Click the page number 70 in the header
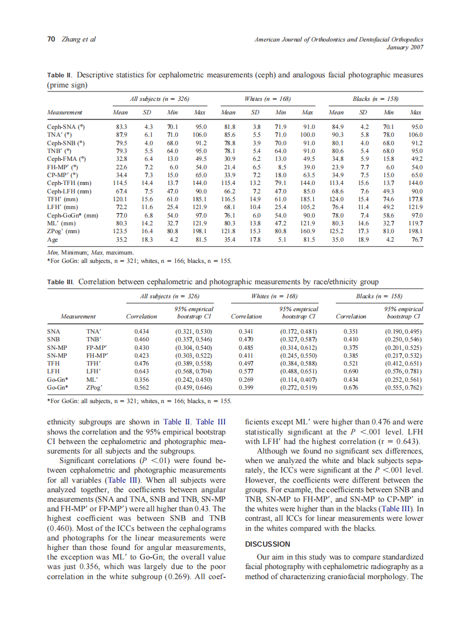click(50, 39)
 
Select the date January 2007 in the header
click(405, 47)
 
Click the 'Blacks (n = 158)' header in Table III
click(379, 295)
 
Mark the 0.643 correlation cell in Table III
click(142, 371)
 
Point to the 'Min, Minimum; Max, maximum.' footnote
click(89, 253)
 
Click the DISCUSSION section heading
click(268, 544)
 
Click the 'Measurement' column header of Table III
click(78, 317)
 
